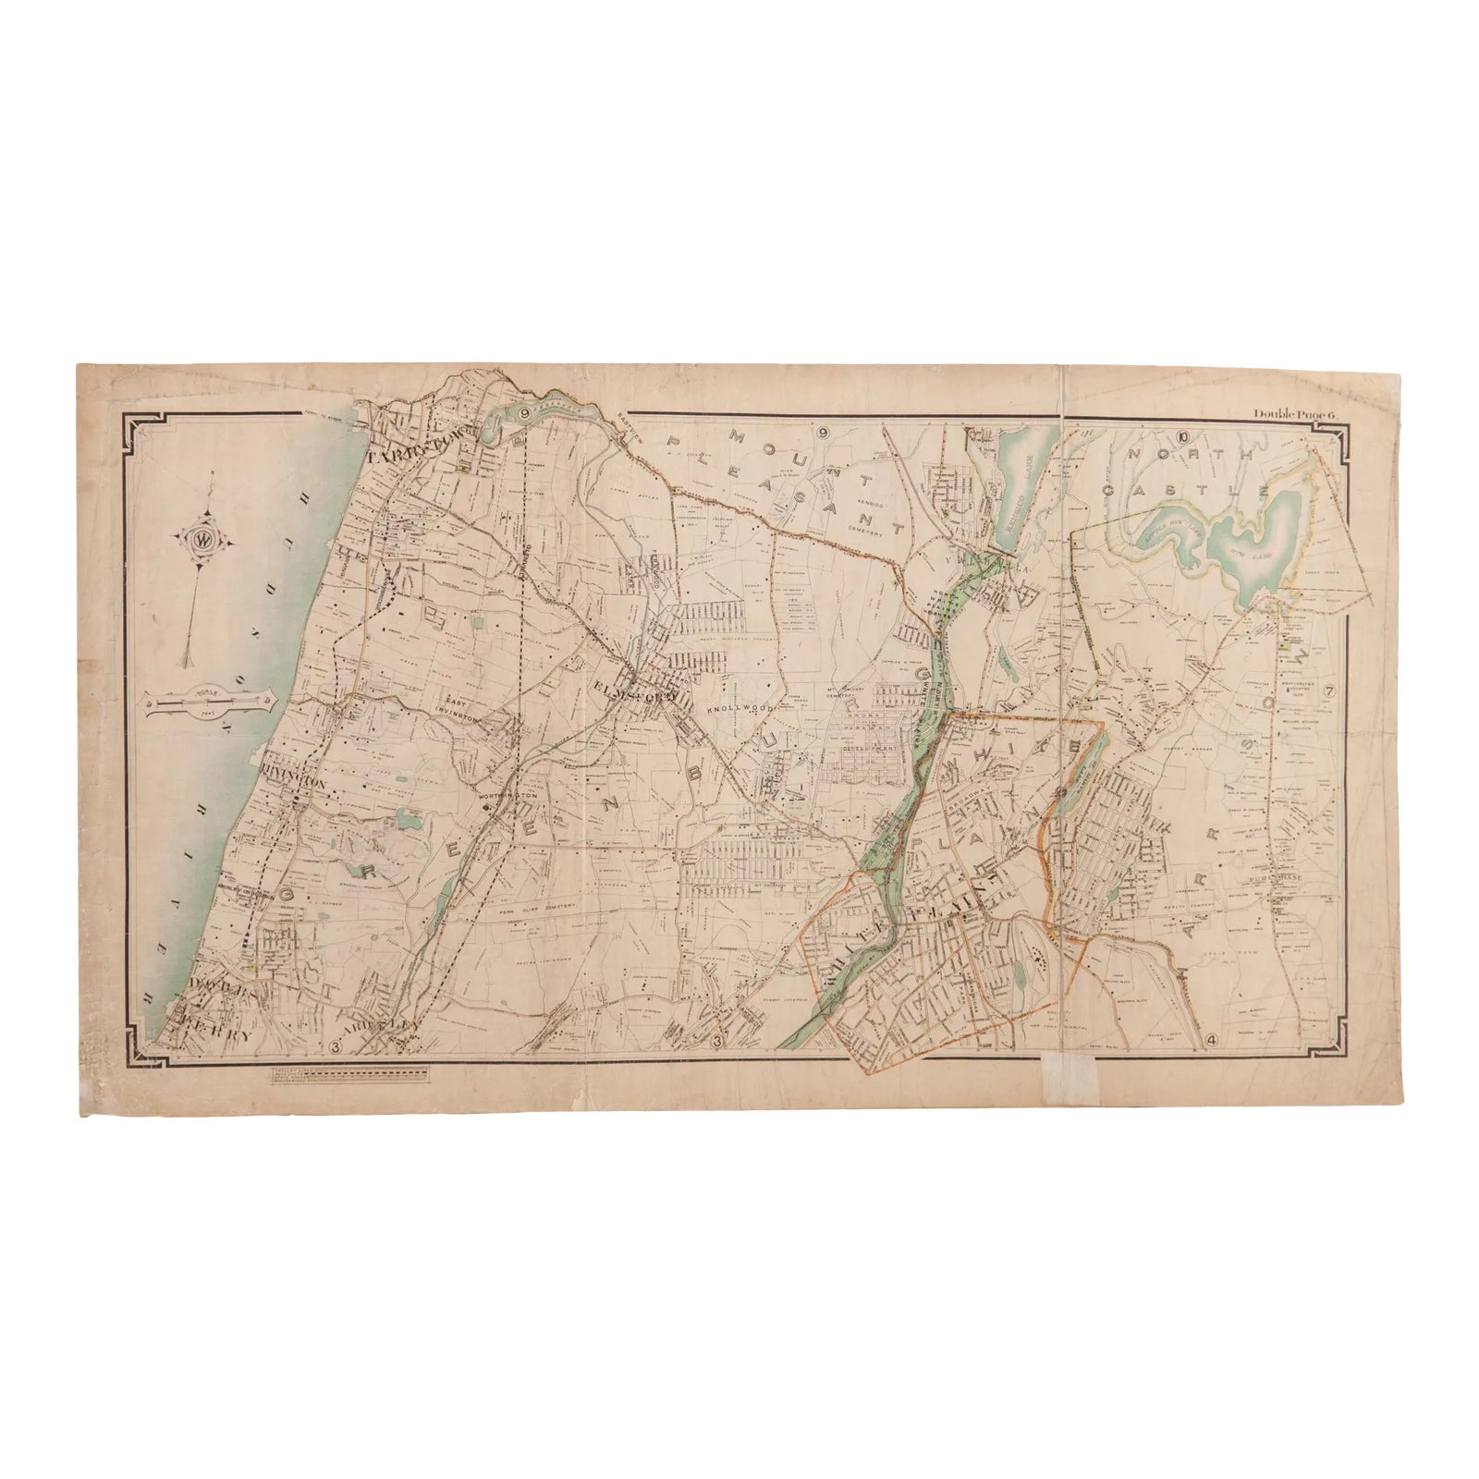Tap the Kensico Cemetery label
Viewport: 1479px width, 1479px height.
click(867, 529)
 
